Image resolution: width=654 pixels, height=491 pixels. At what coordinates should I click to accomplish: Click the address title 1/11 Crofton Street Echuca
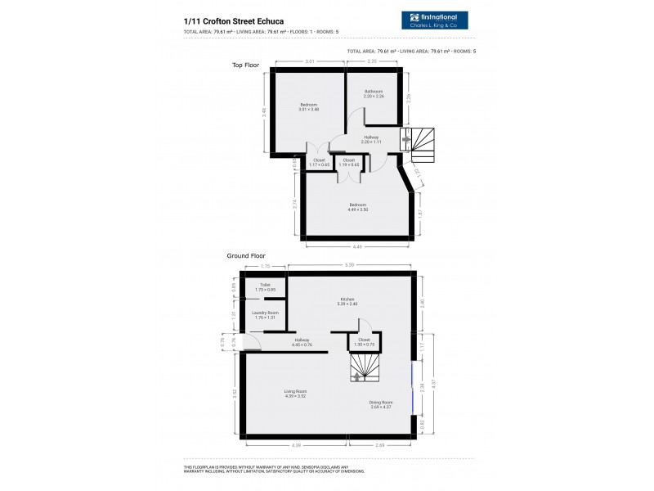[229, 21]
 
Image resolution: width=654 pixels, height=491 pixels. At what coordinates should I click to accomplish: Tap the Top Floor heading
[244, 64]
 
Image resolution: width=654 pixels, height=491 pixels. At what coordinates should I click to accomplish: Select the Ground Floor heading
[247, 255]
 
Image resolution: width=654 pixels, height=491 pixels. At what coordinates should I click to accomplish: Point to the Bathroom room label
[374, 93]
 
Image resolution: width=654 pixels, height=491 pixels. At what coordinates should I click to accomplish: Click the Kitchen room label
[347, 301]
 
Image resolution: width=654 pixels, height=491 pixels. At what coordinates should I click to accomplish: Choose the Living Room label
[295, 394]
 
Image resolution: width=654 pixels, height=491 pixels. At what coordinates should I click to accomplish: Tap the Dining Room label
[382, 403]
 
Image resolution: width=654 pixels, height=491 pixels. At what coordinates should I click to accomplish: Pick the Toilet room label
[265, 286]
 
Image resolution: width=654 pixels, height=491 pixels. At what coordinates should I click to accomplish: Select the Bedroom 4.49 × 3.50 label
[358, 207]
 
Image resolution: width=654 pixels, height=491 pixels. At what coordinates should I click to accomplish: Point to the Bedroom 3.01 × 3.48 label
[308, 106]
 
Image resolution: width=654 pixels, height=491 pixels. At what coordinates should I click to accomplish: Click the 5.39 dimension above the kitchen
[350, 265]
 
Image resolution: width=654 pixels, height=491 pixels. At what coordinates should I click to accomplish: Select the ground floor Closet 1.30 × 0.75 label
[364, 341]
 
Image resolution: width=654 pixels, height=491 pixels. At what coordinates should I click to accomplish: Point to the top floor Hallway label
[371, 139]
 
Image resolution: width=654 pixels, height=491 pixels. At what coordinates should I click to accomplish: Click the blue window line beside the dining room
[413, 389]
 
